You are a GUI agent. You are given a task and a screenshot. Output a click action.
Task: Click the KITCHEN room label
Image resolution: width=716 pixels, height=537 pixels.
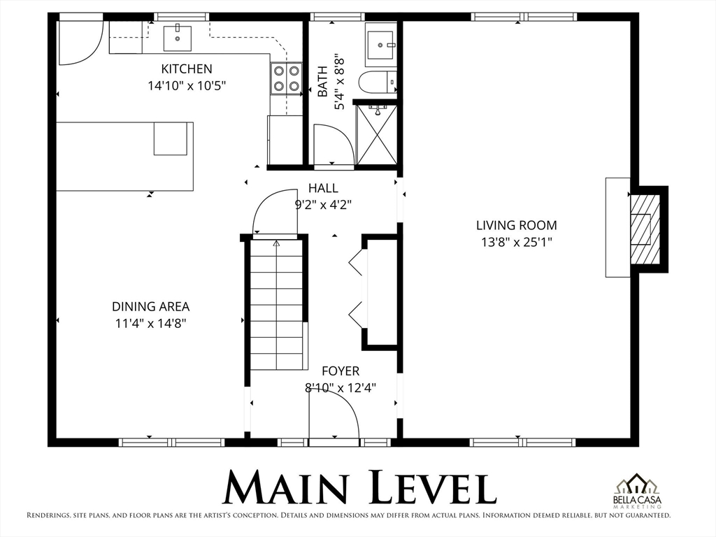[187, 69]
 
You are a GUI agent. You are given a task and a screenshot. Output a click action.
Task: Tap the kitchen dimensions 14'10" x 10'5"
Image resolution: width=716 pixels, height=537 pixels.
[187, 85]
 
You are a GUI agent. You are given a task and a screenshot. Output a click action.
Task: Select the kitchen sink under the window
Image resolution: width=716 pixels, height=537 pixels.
[178, 38]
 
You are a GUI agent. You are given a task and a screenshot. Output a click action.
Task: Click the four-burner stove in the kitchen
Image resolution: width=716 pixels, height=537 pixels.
[287, 78]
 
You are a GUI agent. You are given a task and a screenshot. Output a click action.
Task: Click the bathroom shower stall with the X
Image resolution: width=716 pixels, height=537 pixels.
[376, 135]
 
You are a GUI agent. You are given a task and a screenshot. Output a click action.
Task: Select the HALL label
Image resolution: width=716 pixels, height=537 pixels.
[323, 188]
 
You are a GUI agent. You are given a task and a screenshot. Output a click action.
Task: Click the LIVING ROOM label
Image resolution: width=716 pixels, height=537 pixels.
[517, 225]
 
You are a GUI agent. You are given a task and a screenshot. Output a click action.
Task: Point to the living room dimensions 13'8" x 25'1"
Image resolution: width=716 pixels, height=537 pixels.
[517, 242]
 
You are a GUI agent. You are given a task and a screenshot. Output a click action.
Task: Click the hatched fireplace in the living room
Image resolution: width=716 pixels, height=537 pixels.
[645, 229]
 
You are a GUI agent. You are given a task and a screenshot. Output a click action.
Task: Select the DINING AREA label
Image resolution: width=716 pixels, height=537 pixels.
[150, 306]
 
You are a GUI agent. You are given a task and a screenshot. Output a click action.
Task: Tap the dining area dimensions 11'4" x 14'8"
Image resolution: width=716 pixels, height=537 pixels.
[150, 323]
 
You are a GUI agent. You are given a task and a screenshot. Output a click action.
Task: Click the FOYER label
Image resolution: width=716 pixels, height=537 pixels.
[341, 371]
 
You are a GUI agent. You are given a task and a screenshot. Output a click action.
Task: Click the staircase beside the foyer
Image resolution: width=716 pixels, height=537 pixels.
[278, 304]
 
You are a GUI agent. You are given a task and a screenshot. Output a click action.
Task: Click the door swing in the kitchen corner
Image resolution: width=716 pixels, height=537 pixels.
[79, 43]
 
